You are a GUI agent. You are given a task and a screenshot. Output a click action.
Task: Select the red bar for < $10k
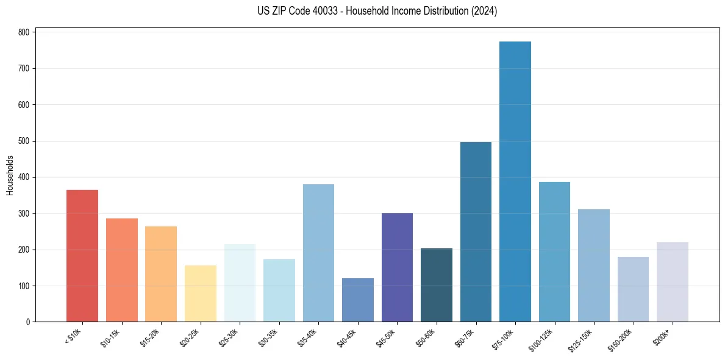82,256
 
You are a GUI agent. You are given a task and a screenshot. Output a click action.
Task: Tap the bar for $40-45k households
358,300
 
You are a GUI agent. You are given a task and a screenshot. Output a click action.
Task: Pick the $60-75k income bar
476,232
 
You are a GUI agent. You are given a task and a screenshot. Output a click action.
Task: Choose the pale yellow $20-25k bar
201,293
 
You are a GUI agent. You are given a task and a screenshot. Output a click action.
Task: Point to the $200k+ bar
673,282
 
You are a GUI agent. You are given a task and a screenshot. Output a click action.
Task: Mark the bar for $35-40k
318,253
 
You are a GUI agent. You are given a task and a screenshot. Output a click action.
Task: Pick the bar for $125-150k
594,265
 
